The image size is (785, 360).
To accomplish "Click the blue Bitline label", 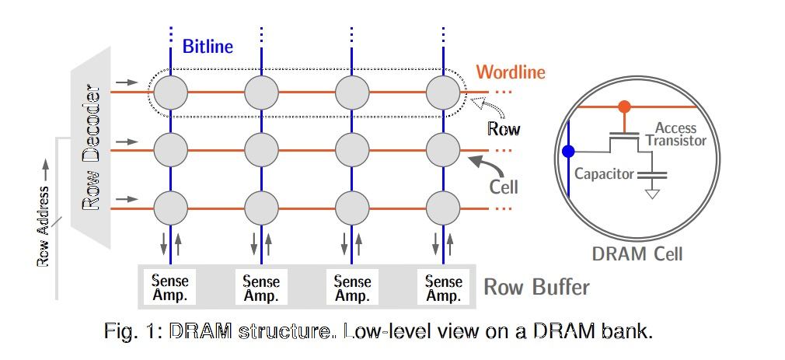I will (x=208, y=47).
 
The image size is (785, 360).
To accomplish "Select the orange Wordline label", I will (x=511, y=73).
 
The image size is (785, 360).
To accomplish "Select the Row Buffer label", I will (x=536, y=288).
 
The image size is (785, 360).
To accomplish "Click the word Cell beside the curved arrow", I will (x=504, y=187).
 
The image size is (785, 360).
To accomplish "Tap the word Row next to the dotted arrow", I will (x=504, y=129).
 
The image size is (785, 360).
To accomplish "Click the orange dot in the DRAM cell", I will (x=623, y=107).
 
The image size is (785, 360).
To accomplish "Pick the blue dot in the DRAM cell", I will (x=570, y=151).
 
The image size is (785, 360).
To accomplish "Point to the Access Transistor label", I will (x=675, y=134).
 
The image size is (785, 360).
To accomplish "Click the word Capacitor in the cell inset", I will (x=604, y=174).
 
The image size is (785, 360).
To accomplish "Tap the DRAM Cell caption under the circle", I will (x=637, y=253).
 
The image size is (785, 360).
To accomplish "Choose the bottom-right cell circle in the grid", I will (x=443, y=207).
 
